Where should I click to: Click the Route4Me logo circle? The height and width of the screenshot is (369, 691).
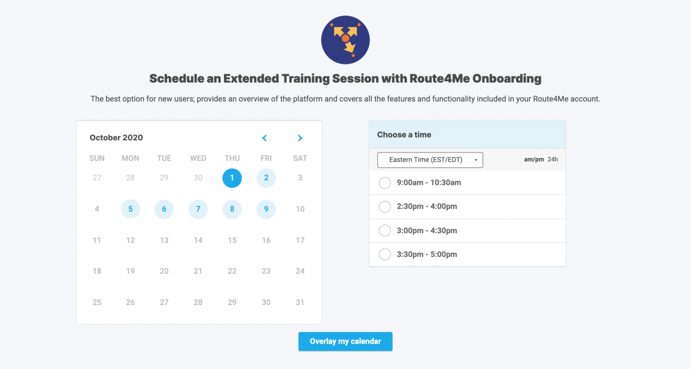click(x=345, y=40)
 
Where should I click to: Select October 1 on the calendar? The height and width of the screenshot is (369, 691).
click(x=232, y=178)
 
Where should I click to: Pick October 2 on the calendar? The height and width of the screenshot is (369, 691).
click(x=266, y=178)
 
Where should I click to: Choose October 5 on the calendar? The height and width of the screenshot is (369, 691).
click(x=131, y=209)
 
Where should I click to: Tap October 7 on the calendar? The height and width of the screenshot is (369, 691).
click(x=198, y=209)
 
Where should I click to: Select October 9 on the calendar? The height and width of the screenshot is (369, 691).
click(x=266, y=209)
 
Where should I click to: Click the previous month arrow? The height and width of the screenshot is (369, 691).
click(x=264, y=138)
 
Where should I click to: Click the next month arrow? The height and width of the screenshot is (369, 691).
click(x=300, y=138)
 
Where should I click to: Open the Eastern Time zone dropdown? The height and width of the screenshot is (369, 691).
click(x=430, y=160)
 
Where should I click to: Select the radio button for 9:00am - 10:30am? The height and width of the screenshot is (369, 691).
click(x=385, y=183)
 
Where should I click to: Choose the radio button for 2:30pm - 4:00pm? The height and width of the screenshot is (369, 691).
click(x=385, y=207)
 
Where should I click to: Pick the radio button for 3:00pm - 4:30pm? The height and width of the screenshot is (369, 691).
click(x=385, y=231)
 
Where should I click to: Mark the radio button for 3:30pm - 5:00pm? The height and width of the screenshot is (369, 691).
click(x=385, y=254)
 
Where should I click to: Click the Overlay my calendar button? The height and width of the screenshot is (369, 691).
click(x=345, y=341)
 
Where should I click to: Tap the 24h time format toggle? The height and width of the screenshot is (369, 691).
click(x=553, y=159)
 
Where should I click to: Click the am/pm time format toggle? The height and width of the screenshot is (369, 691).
click(x=534, y=159)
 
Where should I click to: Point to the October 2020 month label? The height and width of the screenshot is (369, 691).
click(x=116, y=138)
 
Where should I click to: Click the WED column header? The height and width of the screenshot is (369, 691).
click(x=198, y=158)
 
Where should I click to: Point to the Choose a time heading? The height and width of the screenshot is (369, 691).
click(x=404, y=135)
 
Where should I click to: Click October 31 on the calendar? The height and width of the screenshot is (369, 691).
click(x=300, y=302)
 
